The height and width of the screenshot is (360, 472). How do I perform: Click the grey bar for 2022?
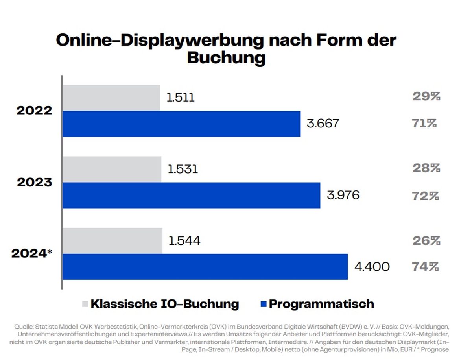tap(111, 98)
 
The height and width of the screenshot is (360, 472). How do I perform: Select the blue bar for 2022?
tap(181, 124)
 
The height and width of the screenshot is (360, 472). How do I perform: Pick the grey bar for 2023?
tap(112, 170)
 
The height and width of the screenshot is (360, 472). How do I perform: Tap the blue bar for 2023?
tap(192, 196)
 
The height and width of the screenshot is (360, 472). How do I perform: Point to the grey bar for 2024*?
tap(112, 241)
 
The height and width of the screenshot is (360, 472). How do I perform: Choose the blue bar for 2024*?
tap(205, 267)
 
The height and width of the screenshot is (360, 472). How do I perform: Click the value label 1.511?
tap(181, 98)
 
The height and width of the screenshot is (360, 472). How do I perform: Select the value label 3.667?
tap(323, 124)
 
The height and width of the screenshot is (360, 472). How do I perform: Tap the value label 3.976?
tap(343, 195)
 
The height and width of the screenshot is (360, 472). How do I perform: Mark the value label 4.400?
tap(372, 267)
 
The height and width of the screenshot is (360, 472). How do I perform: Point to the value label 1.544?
tap(184, 241)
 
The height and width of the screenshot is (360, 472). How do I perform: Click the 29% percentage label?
tap(426, 96)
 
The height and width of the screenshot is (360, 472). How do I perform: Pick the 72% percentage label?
tap(425, 196)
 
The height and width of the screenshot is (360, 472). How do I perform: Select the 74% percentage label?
tap(425, 267)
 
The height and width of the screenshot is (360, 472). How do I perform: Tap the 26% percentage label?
tap(426, 241)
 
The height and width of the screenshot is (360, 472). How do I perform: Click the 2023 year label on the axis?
tap(34, 183)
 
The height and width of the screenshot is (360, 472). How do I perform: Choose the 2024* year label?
tap(32, 253)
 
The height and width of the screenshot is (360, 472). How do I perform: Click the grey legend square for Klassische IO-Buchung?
tap(85, 304)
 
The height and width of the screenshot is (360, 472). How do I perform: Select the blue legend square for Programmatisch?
tap(264, 304)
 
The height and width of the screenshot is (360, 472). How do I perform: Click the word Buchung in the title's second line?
tap(227, 57)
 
